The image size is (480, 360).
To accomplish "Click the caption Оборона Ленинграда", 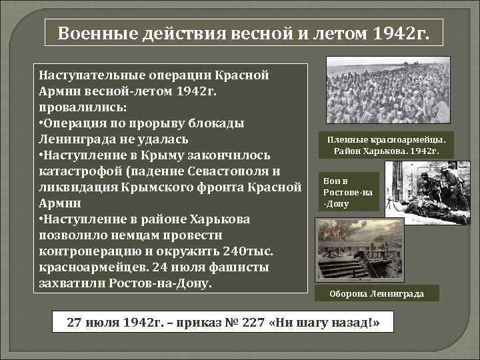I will [x=376, y=293].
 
